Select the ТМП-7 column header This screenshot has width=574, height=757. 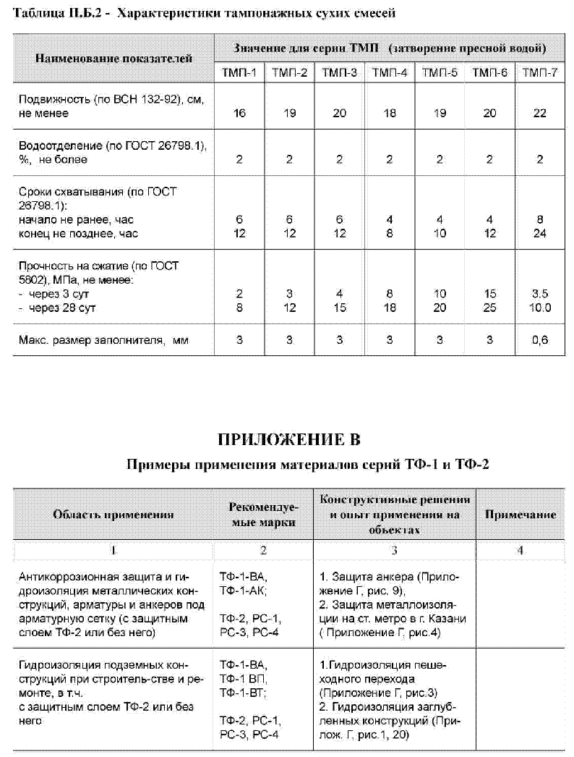click(539, 72)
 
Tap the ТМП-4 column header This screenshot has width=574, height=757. click(390, 72)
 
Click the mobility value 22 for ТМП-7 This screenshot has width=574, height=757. click(539, 114)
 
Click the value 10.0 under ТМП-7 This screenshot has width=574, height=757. click(539, 308)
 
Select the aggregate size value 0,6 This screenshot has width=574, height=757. click(539, 340)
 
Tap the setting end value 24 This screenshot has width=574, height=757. click(539, 233)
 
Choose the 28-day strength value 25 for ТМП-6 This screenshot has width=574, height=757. click(489, 308)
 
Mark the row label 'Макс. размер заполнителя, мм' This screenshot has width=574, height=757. click(103, 340)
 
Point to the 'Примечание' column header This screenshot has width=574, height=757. click(520, 515)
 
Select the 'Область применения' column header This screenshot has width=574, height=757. click(113, 515)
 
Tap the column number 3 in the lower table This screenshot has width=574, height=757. click(395, 550)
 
